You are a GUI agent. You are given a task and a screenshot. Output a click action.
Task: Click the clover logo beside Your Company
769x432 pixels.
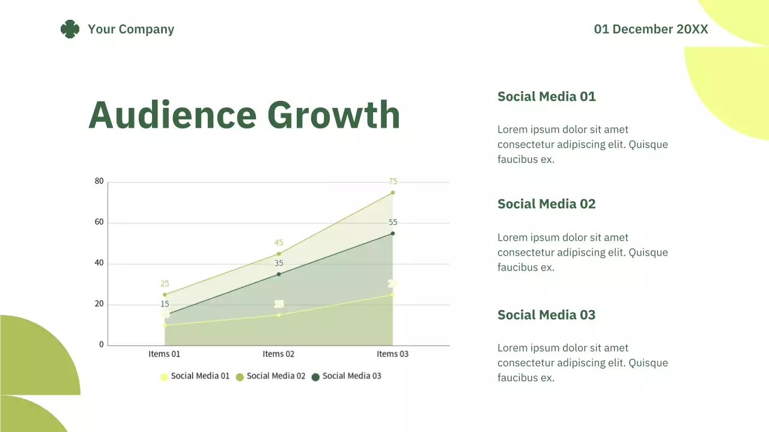tap(70, 29)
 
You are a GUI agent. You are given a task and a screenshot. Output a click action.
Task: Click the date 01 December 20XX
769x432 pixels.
tap(651, 29)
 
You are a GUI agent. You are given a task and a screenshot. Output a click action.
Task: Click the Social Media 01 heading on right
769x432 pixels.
tap(546, 97)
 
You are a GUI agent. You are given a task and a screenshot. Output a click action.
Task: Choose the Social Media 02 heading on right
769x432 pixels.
tap(546, 204)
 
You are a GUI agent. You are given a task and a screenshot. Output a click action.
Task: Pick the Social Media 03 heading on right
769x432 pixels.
tap(546, 315)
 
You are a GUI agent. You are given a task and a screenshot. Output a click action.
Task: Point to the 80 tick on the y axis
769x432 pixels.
tap(99, 181)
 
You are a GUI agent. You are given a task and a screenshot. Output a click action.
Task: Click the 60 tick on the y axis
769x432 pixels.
tap(99, 222)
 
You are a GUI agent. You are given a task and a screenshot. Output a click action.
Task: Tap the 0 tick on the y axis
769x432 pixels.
tap(102, 345)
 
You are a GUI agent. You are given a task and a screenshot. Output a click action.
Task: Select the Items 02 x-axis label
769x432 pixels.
tap(278, 354)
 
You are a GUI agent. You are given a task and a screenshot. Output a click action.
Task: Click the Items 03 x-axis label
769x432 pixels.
tap(392, 354)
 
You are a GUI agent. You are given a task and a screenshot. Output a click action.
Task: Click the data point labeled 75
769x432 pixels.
tap(393, 193)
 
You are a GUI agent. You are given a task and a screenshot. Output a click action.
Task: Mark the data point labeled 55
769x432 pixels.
tap(393, 233)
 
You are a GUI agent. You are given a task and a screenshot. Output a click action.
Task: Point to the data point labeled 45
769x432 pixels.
tap(279, 254)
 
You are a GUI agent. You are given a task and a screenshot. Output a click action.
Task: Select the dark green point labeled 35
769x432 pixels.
tap(279, 274)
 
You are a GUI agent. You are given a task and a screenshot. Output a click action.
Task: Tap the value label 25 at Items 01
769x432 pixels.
tap(165, 284)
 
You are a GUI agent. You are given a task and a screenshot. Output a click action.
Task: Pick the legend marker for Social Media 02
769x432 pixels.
tap(240, 377)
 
